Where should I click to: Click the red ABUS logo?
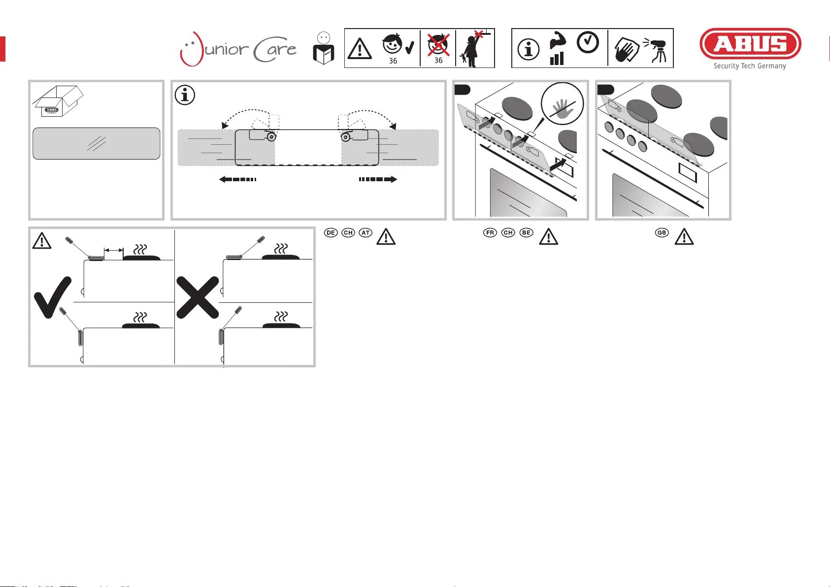[750, 44]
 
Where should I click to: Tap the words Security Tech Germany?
[750, 66]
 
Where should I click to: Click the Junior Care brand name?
[238, 49]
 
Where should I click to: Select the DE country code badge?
[331, 232]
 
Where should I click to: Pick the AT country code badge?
[365, 232]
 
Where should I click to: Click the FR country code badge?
[490, 232]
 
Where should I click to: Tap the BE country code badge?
[526, 232]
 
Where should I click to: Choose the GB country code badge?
[662, 232]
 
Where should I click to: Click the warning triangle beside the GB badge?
[684, 237]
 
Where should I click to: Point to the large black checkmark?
[52, 297]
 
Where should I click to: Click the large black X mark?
[198, 297]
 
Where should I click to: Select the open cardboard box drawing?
[58, 101]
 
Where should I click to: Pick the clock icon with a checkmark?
[588, 42]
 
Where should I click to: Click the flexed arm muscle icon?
[558, 40]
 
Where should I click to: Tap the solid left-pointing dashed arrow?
[237, 179]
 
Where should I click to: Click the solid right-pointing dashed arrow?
[378, 179]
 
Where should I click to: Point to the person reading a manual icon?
[324, 49]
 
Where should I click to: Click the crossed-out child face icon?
[438, 45]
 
